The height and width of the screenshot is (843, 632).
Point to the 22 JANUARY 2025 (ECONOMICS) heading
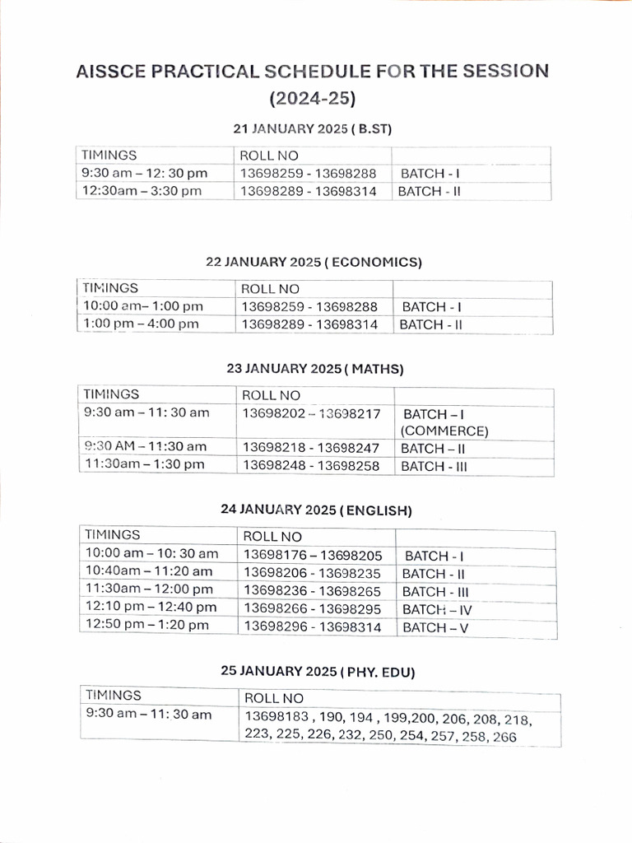click(x=314, y=263)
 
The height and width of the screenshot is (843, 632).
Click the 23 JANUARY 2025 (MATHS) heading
click(x=315, y=369)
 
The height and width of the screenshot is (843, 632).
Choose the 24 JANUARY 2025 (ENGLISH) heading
click(x=316, y=510)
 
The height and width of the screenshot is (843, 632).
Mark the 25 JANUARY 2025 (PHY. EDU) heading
click(x=318, y=672)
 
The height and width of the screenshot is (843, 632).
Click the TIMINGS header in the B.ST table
click(x=109, y=155)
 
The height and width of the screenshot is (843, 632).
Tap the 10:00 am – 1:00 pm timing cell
click(x=142, y=306)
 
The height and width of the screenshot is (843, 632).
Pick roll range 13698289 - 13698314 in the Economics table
click(x=309, y=324)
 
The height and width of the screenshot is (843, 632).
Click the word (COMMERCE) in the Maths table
click(x=444, y=431)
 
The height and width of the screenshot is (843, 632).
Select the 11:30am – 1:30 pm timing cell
click(x=145, y=465)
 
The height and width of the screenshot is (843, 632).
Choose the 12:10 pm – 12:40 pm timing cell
click(x=151, y=608)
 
